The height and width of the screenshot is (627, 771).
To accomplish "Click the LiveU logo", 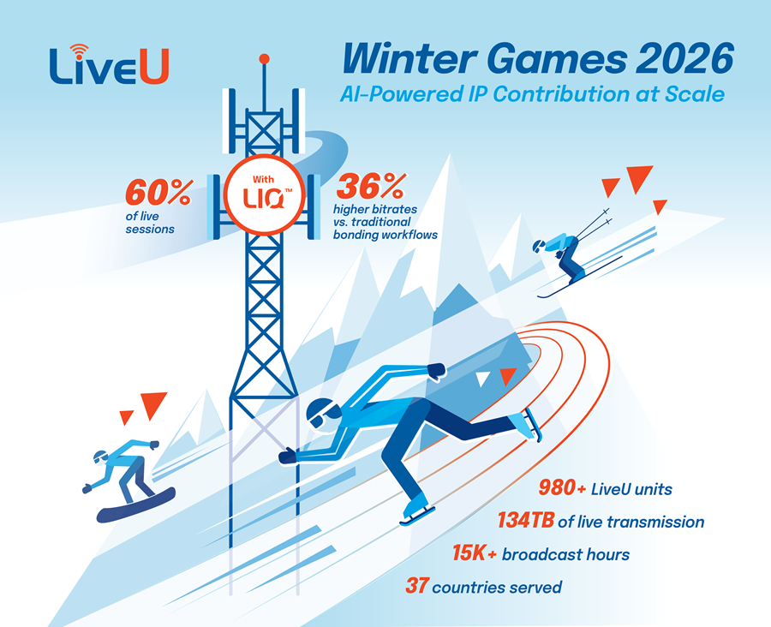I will (108, 65).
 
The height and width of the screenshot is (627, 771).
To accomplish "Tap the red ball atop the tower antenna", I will (265, 59).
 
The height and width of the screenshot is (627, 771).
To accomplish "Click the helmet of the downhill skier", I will (538, 247).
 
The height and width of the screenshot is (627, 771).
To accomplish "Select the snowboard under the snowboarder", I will (136, 505).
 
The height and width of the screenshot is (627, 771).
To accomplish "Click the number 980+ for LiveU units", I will (563, 489).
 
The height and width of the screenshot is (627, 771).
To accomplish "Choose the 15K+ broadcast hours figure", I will (474, 554).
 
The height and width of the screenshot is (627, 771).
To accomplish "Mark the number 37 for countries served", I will (416, 587).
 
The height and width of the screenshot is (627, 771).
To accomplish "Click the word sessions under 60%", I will (152, 230).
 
